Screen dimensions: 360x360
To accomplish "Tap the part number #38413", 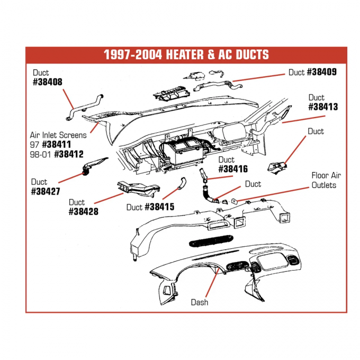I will pos(323,106).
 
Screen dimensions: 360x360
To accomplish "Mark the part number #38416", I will pos(233,169).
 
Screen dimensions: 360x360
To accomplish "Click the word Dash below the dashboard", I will pos(200,302).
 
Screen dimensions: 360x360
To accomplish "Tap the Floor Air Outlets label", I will pos(323,181).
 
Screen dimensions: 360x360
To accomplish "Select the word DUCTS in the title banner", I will pos(249,55).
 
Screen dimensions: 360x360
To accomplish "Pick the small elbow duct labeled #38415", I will pos(181,184).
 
